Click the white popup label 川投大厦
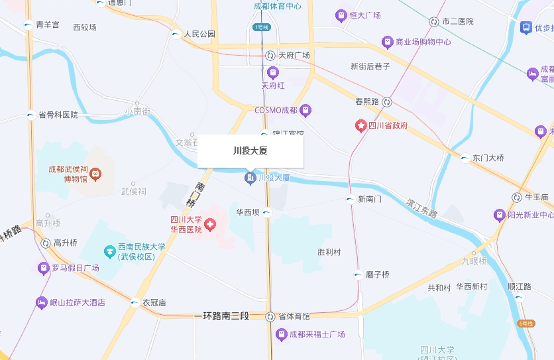(250, 151)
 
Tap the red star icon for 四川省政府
(361, 125)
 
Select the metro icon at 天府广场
(270, 56)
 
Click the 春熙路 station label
(366, 102)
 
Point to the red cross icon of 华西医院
(210, 225)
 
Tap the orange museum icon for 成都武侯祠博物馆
(95, 174)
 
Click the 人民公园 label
(200, 34)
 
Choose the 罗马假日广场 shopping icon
(44, 268)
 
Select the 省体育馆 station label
(294, 316)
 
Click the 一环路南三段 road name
(221, 316)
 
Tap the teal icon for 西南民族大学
(110, 252)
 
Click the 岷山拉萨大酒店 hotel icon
(42, 302)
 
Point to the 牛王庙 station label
(536, 198)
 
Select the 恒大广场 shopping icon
(341, 15)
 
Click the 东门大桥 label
(488, 158)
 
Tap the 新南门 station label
(370, 199)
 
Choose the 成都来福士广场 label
(317, 334)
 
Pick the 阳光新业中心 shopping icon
(500, 215)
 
